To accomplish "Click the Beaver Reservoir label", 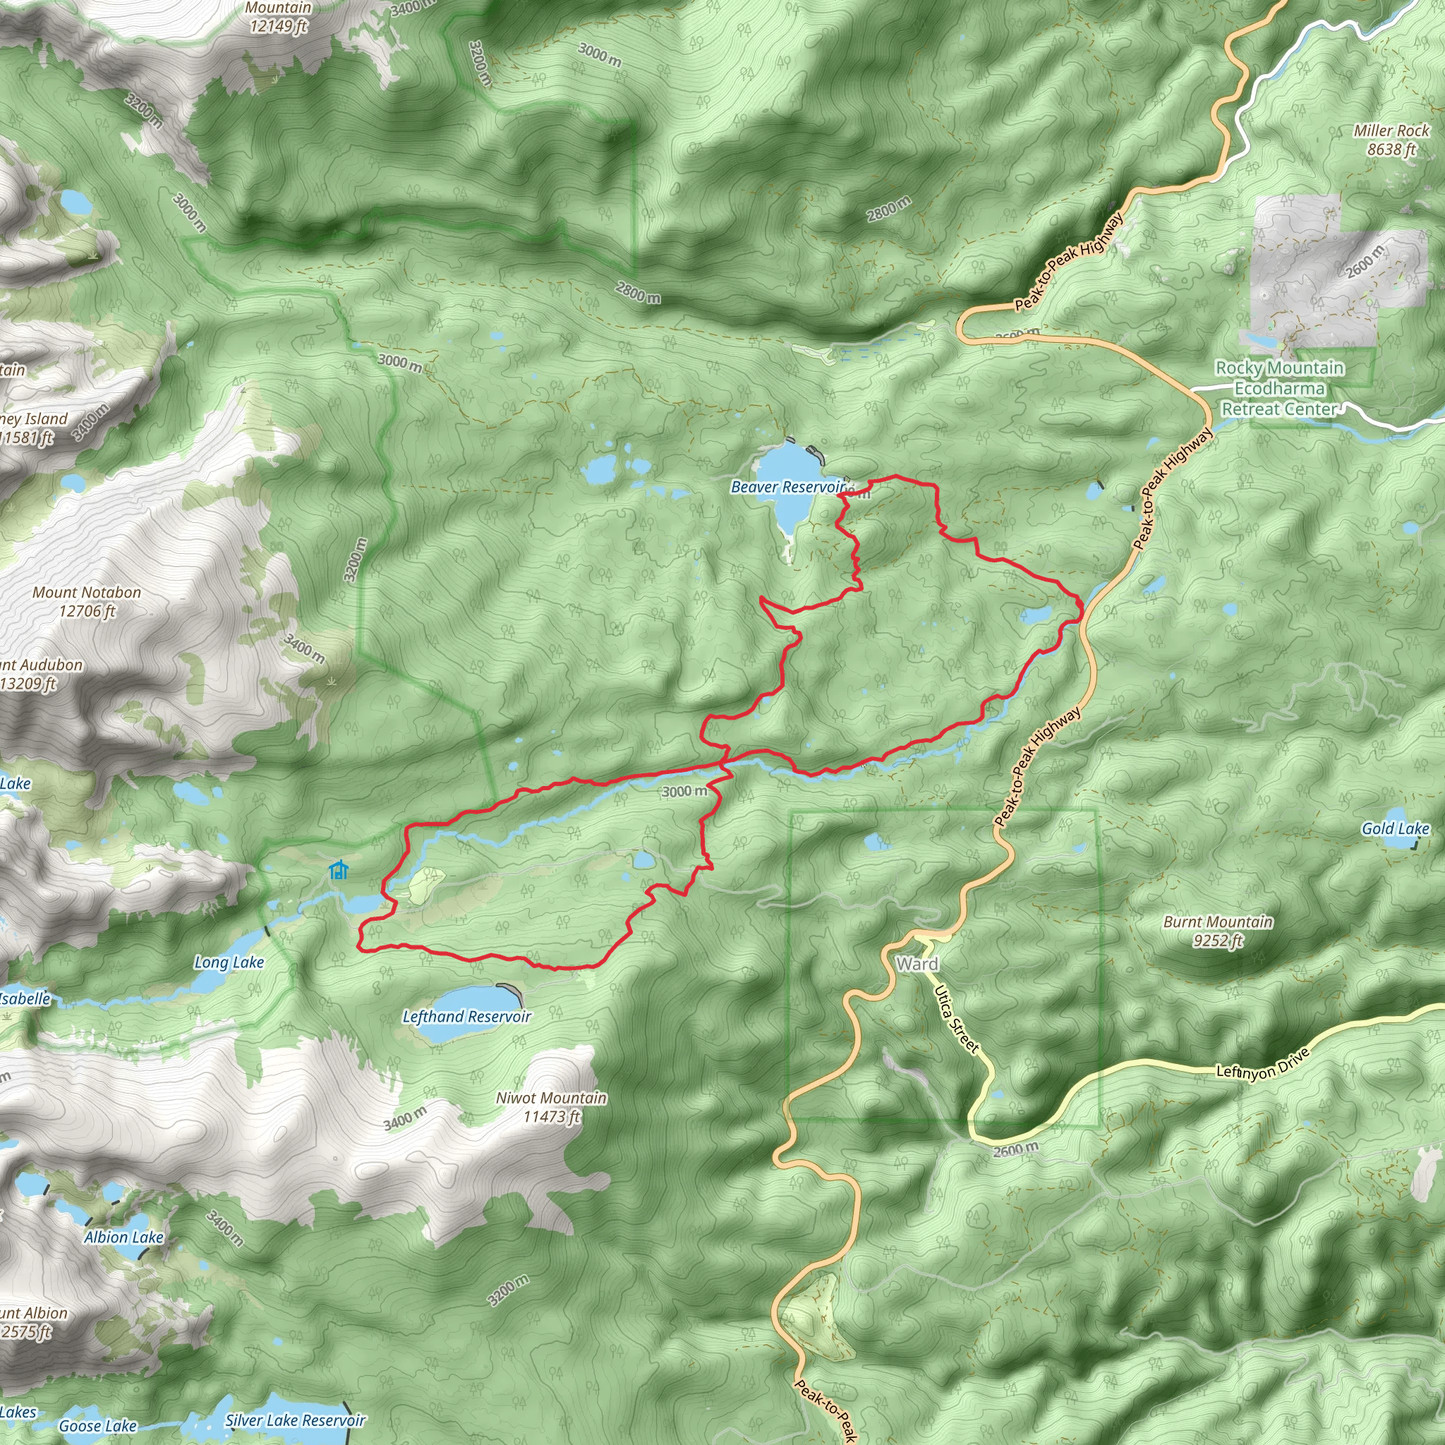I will pos(787,488).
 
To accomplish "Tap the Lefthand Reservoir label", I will pos(466,1017).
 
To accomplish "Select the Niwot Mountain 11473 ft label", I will pos(551,1107).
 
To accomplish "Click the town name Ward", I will pos(917,964).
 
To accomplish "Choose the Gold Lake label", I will pos(1395,829).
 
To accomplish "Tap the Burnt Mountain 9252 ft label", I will pos(1218,931).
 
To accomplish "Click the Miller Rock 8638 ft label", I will pos(1391,140).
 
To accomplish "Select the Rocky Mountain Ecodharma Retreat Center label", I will pos(1280,388).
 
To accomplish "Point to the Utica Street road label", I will pos(957,1020).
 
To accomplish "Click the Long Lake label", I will pos(229,962).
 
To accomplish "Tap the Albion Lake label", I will pos(123,1237).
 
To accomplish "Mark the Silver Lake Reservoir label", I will pos(296,1420).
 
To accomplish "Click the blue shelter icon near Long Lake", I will pos(339,870).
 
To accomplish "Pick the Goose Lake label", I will pos(97,1425).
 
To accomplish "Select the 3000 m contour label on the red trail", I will pos(684,792).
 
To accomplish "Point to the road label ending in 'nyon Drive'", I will pos(1262,1063).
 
